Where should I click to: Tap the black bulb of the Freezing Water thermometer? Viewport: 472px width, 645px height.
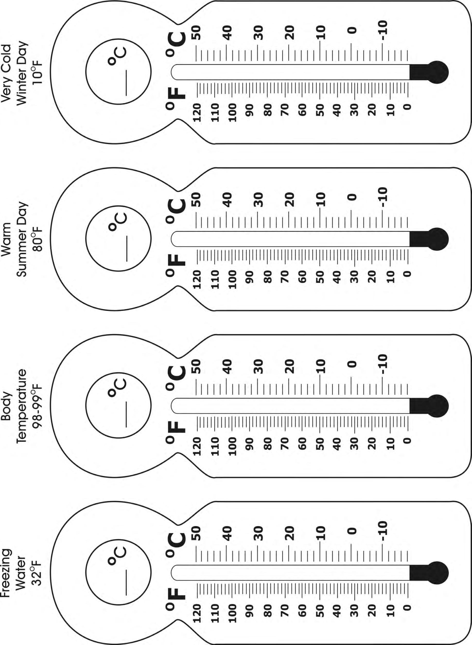click(437, 573)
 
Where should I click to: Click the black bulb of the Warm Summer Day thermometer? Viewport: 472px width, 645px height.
click(437, 239)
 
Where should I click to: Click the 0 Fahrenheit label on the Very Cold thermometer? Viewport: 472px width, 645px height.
click(408, 107)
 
